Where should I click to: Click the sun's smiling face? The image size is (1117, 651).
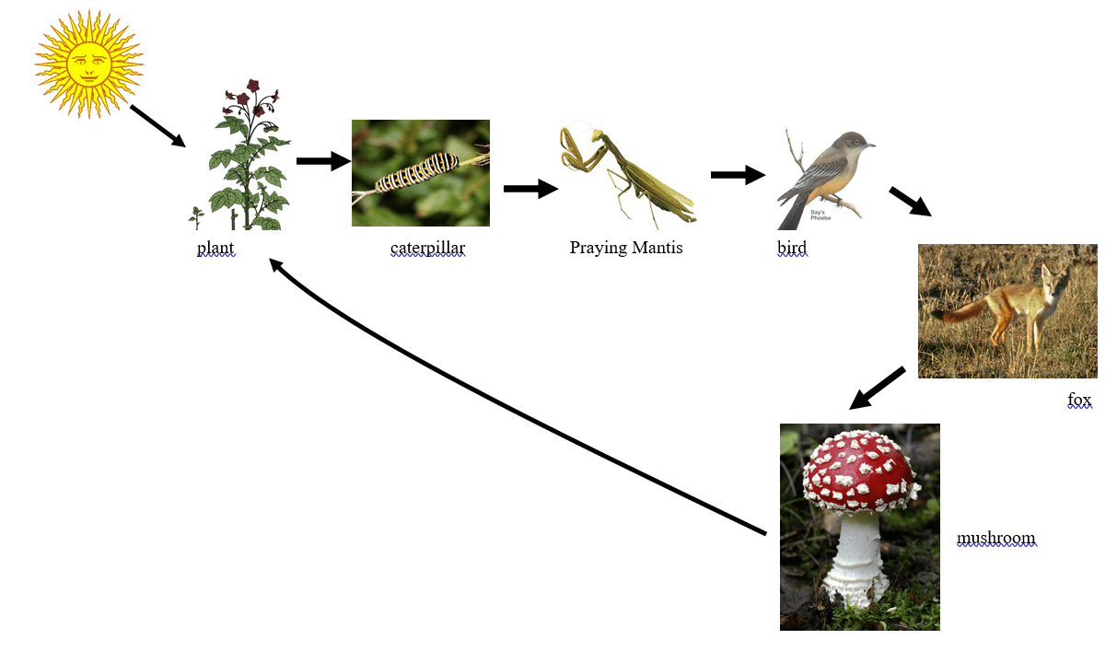pos(88,64)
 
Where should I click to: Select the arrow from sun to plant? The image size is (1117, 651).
pos(157,126)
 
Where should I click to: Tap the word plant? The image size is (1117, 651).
pos(215,248)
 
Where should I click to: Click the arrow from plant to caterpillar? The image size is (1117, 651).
pos(323,161)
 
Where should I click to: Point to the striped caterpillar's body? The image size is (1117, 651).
pos(417,172)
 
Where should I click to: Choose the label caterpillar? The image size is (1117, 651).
pos(428,248)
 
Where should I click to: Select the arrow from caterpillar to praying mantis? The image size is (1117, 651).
pos(530,189)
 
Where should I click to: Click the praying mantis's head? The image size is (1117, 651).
pos(597,135)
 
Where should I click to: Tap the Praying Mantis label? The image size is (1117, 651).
pos(626,248)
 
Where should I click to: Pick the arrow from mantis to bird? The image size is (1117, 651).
pos(738,175)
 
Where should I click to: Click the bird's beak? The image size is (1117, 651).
pos(870,145)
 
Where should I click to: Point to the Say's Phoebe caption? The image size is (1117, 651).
pos(820,215)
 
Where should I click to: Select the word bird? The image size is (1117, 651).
pos(792,248)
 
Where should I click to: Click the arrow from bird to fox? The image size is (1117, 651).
pos(911,202)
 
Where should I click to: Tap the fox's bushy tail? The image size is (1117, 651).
pos(960,310)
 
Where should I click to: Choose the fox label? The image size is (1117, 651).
pos(1079,400)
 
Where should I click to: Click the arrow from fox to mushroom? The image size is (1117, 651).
pos(878,389)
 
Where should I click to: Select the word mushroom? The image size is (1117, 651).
pos(996,538)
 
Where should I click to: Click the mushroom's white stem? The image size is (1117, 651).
pos(855,558)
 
